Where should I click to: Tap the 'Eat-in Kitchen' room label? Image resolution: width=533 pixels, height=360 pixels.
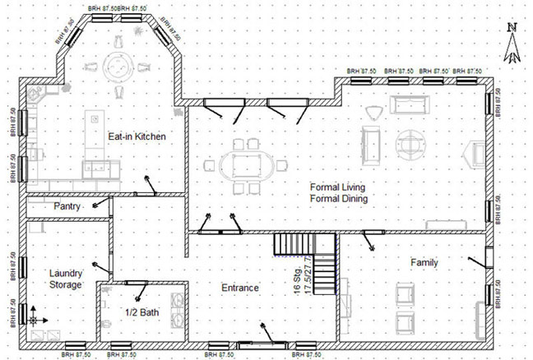coord(139,136)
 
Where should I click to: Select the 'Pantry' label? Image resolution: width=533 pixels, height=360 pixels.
coord(67,206)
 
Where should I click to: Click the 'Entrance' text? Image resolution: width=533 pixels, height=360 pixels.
coord(240,288)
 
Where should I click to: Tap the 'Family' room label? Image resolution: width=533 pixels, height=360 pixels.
coord(424,263)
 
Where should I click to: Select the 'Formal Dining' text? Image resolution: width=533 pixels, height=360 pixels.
coord(338,199)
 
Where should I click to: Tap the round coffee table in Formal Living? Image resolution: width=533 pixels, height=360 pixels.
coord(408,144)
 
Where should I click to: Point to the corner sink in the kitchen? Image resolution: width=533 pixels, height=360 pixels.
coord(36,95)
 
